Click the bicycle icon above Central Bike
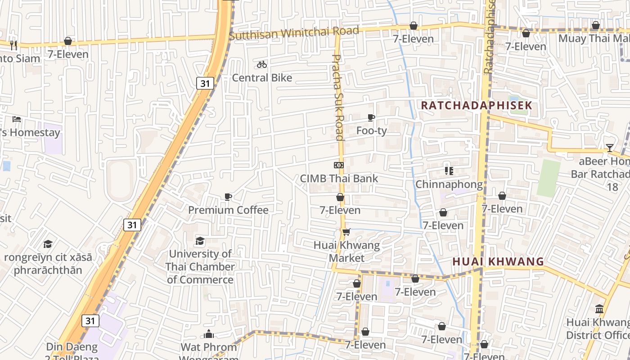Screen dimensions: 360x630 [262, 65]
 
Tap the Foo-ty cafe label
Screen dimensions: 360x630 [371, 131]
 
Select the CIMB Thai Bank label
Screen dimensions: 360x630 [339, 179]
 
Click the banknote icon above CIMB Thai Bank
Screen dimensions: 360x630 [339, 165]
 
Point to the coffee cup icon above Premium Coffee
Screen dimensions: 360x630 [228, 197]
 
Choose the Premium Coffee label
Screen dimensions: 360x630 [228, 210]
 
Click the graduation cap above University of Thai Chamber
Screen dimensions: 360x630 [200, 241]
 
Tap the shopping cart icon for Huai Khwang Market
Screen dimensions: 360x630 [346, 232]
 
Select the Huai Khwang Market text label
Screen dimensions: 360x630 [346, 252]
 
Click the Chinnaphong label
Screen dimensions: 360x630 [449, 184]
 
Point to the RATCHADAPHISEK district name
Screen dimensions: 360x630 [477, 106]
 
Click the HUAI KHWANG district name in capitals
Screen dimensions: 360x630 [498, 261]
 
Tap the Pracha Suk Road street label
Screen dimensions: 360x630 [338, 97]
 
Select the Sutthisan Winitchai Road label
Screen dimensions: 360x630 [294, 33]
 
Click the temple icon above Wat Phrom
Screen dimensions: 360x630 [209, 334]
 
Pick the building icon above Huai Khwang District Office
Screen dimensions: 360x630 [599, 309]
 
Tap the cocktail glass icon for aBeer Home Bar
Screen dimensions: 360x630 [609, 148]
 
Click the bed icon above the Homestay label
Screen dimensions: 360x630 [17, 119]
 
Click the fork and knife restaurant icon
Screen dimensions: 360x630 [13, 45]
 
